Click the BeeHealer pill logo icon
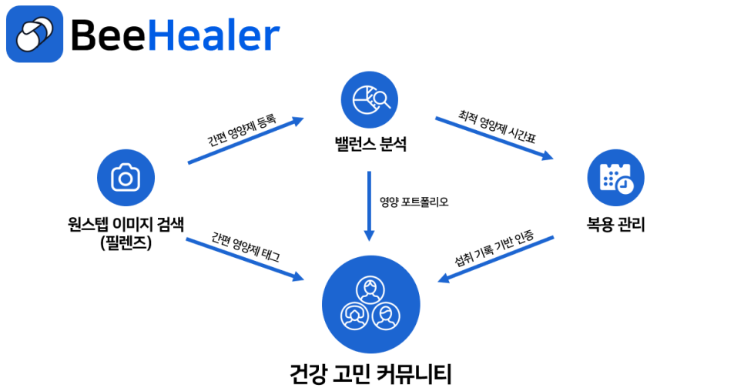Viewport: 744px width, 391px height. point(34,33)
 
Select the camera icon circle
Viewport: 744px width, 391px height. point(125,177)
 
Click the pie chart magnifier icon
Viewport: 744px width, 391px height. point(370,99)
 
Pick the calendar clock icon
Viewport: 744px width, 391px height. point(615,178)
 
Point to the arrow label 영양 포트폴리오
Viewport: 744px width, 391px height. point(414,202)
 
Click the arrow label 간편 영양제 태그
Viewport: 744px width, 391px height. point(245,246)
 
